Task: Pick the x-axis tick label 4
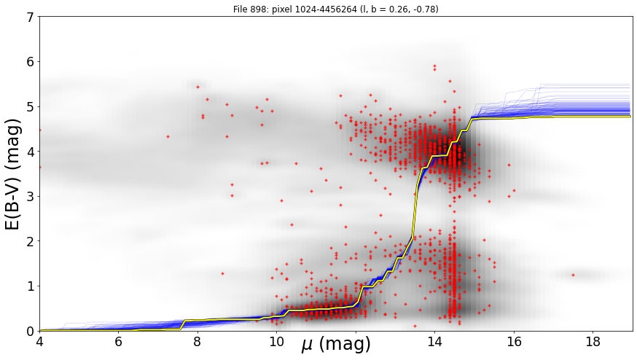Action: click(x=39, y=342)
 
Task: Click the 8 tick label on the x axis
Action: click(x=198, y=342)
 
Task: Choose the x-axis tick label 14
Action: click(x=434, y=342)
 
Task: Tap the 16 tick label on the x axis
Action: click(x=514, y=342)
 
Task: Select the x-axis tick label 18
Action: click(x=593, y=342)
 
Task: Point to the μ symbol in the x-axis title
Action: click(x=308, y=345)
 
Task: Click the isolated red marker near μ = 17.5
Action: click(x=573, y=275)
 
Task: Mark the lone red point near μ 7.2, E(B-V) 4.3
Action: click(x=168, y=136)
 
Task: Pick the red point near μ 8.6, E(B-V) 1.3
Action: click(x=222, y=273)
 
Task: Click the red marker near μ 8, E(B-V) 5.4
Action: click(x=198, y=87)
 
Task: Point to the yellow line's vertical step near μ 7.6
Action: click(x=182, y=325)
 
